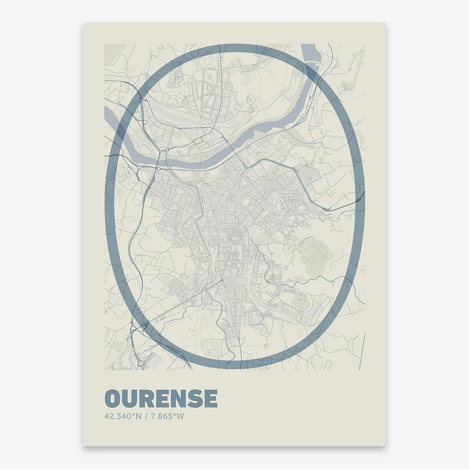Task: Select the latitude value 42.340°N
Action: (123, 417)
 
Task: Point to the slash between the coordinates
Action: (145, 417)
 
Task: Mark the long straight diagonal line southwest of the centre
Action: (183, 302)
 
